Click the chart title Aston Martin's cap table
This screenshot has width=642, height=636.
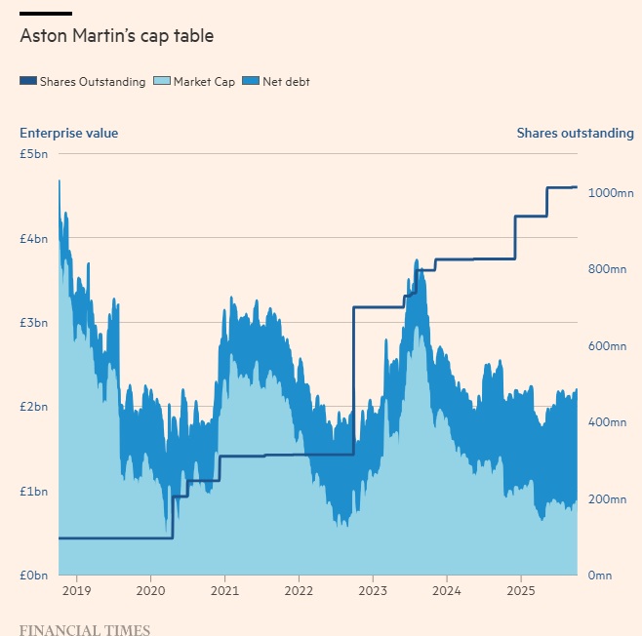pyautogui.click(x=116, y=36)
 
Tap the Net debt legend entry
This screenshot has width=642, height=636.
pyautogui.click(x=286, y=82)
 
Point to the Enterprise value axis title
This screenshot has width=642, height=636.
pyautogui.click(x=68, y=133)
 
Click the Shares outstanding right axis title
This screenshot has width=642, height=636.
pyautogui.click(x=575, y=133)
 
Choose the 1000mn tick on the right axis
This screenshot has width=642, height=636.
pyautogui.click(x=608, y=193)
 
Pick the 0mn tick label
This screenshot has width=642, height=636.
pyautogui.click(x=600, y=576)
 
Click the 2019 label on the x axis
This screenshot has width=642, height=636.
pyautogui.click(x=76, y=591)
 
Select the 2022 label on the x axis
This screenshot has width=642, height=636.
pyautogui.click(x=299, y=591)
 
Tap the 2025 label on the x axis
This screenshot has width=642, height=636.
pyautogui.click(x=521, y=591)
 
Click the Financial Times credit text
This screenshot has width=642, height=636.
pyautogui.click(x=85, y=629)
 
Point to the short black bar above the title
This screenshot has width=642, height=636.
pyautogui.click(x=46, y=13)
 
